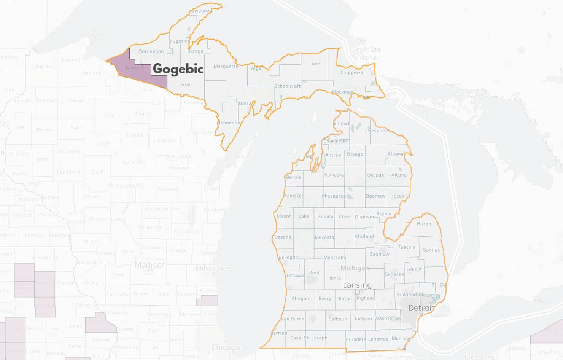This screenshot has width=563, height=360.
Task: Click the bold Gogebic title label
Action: [x=178, y=69]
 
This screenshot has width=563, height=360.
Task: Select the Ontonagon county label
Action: [x=151, y=51]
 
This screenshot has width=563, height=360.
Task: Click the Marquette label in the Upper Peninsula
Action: [x=226, y=66]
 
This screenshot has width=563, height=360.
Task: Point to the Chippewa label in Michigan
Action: [x=351, y=72]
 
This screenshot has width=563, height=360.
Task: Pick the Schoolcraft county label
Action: [x=288, y=86]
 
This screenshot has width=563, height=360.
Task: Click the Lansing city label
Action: [x=357, y=285]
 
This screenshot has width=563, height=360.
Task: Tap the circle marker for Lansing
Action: [x=357, y=292]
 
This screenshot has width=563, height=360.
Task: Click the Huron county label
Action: [x=424, y=224]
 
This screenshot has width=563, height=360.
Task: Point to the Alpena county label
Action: [x=395, y=154]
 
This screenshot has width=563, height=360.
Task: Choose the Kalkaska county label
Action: [x=334, y=175]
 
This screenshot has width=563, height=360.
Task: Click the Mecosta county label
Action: [x=324, y=237]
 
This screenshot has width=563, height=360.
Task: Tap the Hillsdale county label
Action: [x=355, y=339]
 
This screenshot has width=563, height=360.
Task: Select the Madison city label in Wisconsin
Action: [x=150, y=264]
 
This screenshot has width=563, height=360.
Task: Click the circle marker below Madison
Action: [x=150, y=272]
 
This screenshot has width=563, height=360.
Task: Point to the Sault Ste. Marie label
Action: [x=367, y=54]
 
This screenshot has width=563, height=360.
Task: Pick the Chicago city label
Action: [x=226, y=347]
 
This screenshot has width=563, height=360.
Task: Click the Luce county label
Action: [x=315, y=64]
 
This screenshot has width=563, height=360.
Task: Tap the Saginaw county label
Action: [x=380, y=254]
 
